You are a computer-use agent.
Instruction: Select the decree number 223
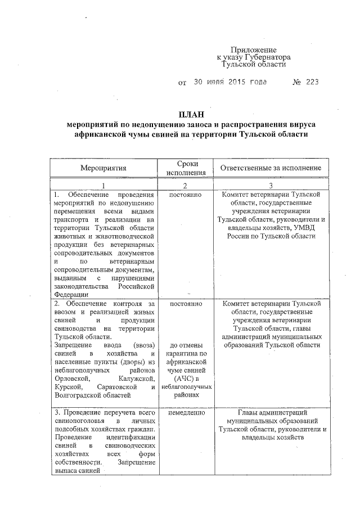[x=313, y=82]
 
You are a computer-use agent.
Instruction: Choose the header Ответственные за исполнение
[x=271, y=168]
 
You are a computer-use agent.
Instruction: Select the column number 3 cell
[x=271, y=186]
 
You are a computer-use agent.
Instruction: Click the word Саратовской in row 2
[x=116, y=387]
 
